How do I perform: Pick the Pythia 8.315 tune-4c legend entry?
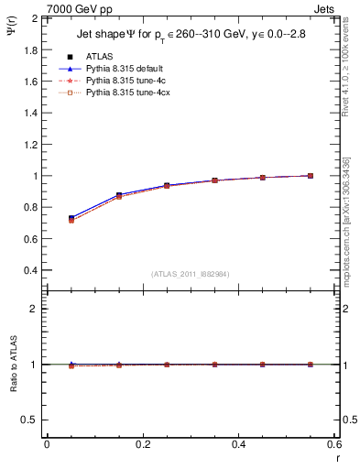pos(123,81)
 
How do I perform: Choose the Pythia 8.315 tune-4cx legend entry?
pos(125,93)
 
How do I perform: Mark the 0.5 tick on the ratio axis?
pos(31,420)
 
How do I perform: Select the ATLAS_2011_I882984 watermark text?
pos(191,274)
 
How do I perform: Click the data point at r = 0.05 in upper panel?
pos(71,219)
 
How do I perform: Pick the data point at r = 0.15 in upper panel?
pos(119,196)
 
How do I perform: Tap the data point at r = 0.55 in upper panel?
pos(311,176)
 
